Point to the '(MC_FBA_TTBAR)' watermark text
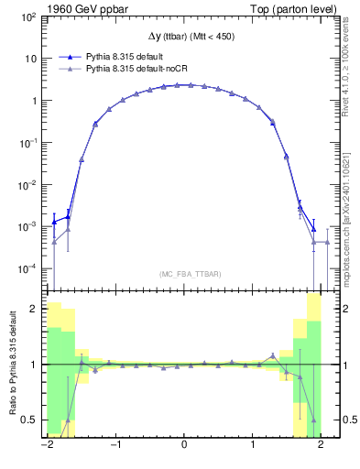pyautogui.click(x=184, y=274)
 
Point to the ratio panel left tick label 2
pyautogui.click(x=35, y=309)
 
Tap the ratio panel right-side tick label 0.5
pyautogui.click(x=340, y=420)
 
